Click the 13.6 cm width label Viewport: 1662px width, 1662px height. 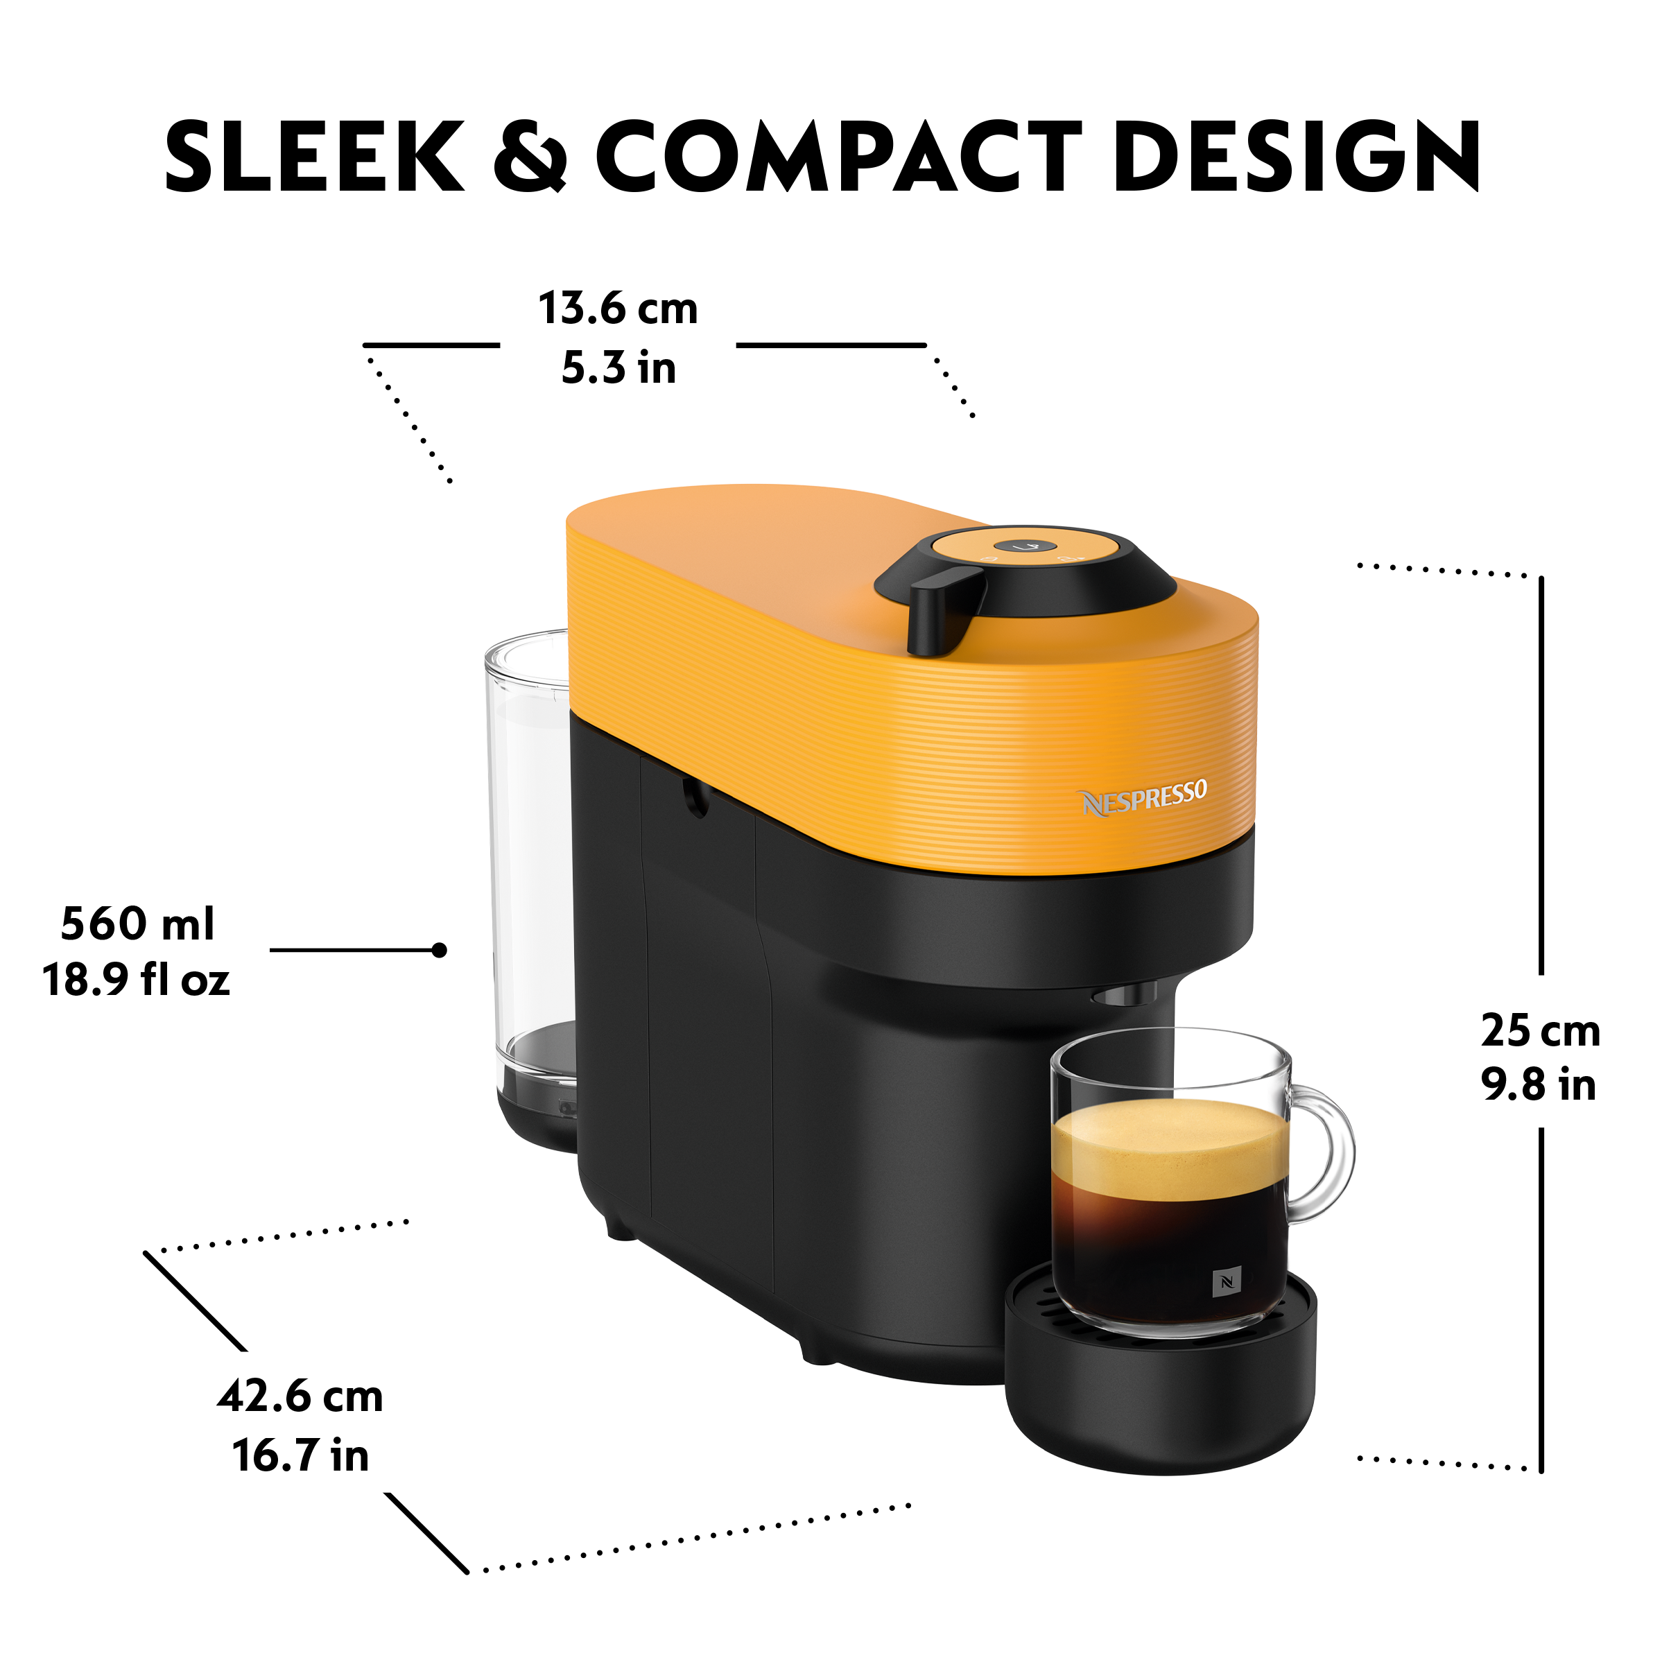(618, 308)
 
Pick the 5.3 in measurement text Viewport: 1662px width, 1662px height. (618, 367)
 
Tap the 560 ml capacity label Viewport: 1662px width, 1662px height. (138, 923)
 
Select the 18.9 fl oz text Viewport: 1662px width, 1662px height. (136, 980)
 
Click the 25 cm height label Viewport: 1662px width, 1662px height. (1540, 1030)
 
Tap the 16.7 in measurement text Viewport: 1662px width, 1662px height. (300, 1455)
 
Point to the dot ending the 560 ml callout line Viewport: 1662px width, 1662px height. (440, 951)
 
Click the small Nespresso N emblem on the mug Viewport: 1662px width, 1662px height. (1226, 1282)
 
